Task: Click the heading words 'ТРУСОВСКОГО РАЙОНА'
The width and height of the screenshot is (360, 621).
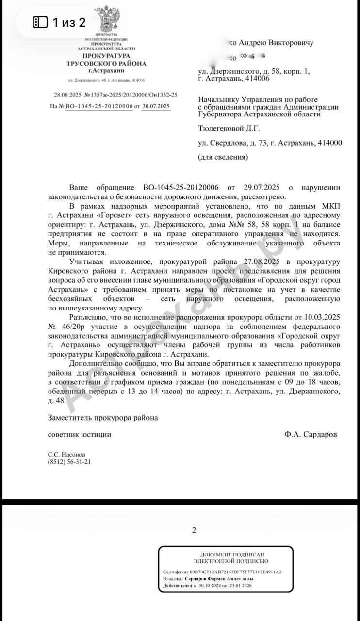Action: pyautogui.click(x=106, y=64)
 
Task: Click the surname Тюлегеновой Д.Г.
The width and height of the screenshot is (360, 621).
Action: pyautogui.click(x=229, y=129)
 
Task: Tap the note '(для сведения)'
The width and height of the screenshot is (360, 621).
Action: pyautogui.click(x=223, y=157)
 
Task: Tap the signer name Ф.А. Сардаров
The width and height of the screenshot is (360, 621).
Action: pyautogui.click(x=311, y=435)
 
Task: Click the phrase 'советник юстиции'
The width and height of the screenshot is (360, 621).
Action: pyautogui.click(x=80, y=435)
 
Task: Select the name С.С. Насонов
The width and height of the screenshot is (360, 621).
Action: pyautogui.click(x=66, y=455)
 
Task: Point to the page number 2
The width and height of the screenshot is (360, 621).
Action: pyautogui.click(x=194, y=530)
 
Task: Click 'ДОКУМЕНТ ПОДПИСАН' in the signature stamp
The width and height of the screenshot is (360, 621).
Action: pyautogui.click(x=226, y=554)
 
